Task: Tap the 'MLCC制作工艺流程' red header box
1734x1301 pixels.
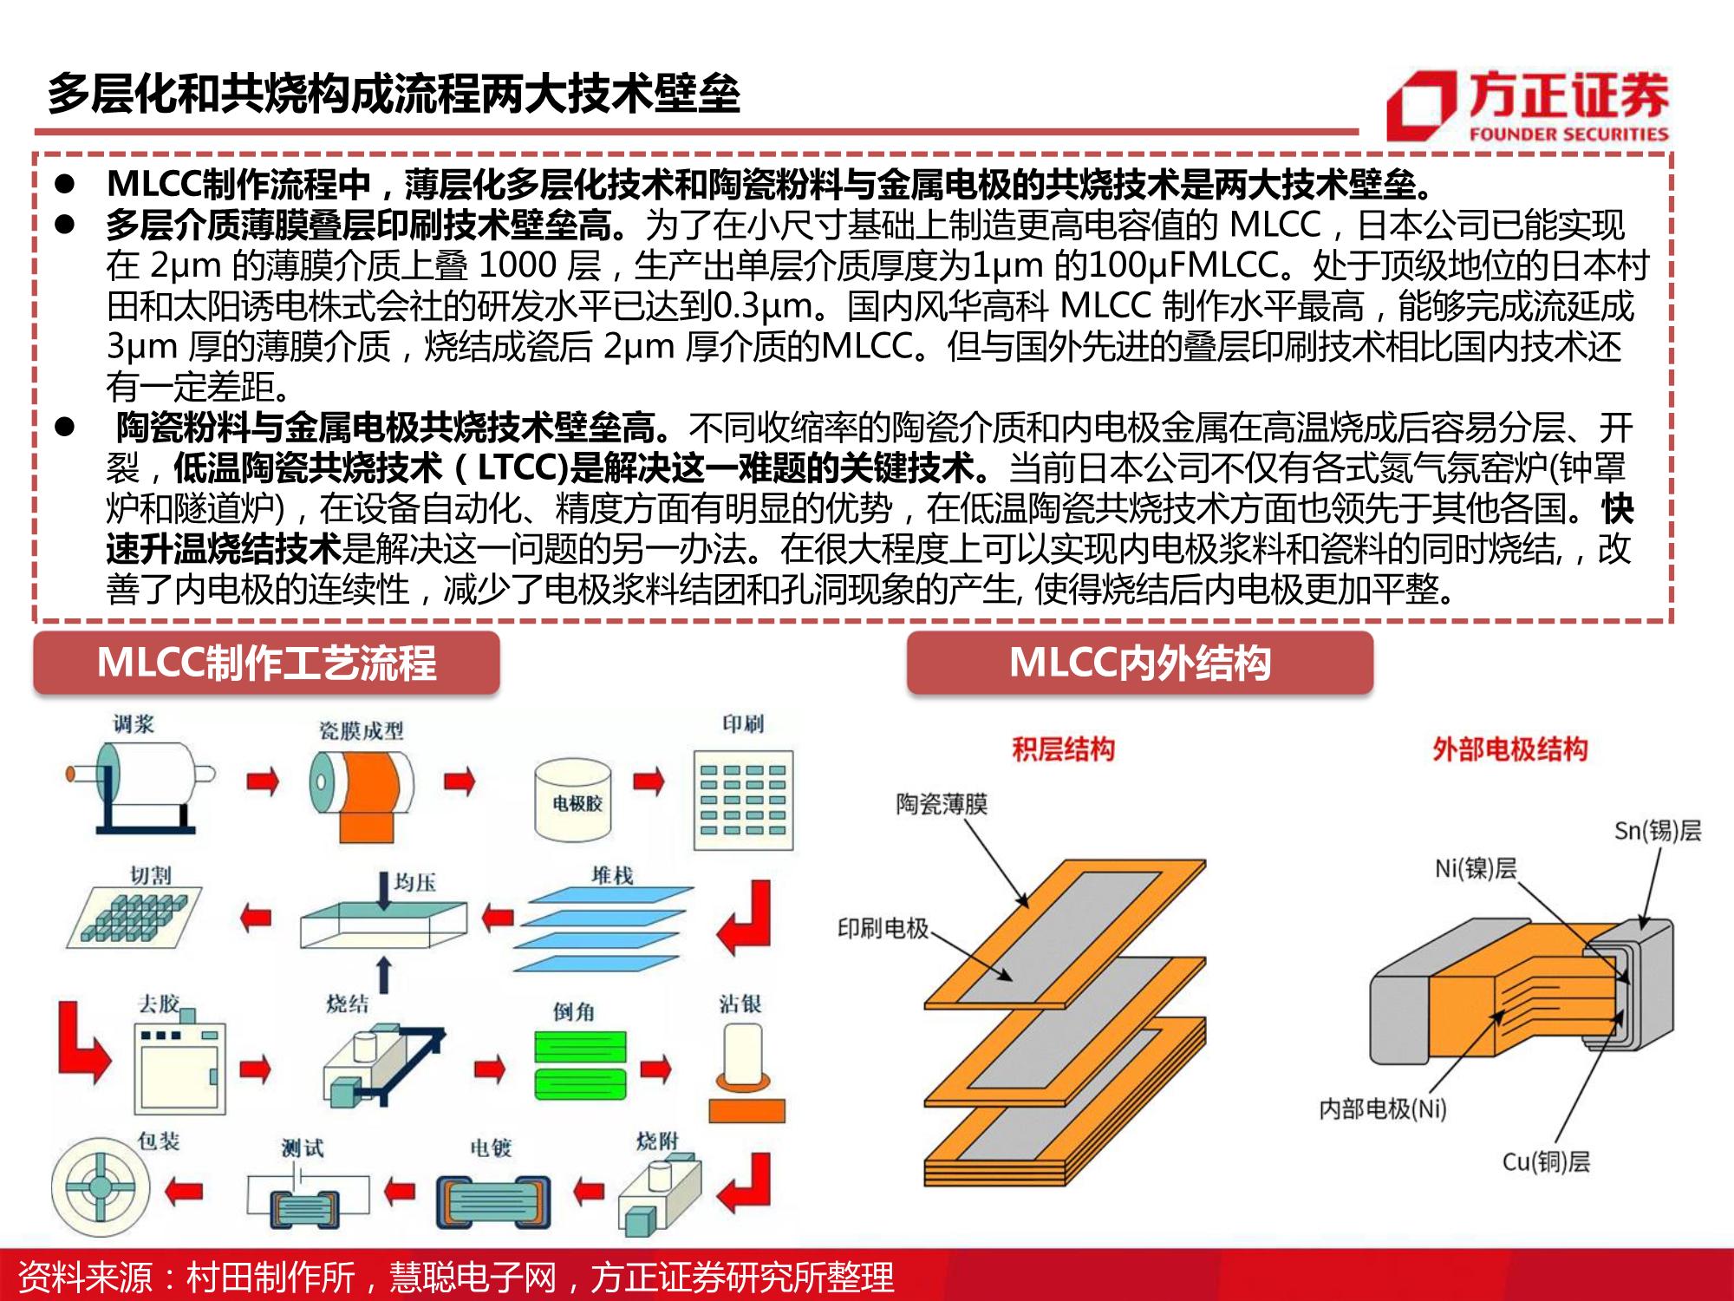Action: tap(266, 664)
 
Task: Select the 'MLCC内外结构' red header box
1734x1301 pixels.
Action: tap(1139, 664)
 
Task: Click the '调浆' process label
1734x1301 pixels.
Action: tap(134, 724)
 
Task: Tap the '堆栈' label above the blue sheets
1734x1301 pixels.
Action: tap(612, 875)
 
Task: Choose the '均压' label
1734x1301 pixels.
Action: tap(414, 883)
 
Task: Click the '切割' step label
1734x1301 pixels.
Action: tap(150, 875)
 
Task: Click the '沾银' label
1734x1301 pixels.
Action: tap(740, 1004)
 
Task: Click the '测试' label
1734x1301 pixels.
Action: tap(302, 1148)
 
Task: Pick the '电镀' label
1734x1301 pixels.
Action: tap(491, 1148)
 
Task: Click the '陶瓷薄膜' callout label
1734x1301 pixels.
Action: tap(942, 804)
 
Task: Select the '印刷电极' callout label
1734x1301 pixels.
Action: tap(883, 929)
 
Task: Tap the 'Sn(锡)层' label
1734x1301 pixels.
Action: tap(1658, 831)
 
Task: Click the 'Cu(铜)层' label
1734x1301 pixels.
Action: tap(1547, 1161)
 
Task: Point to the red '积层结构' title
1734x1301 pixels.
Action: tap(1063, 749)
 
